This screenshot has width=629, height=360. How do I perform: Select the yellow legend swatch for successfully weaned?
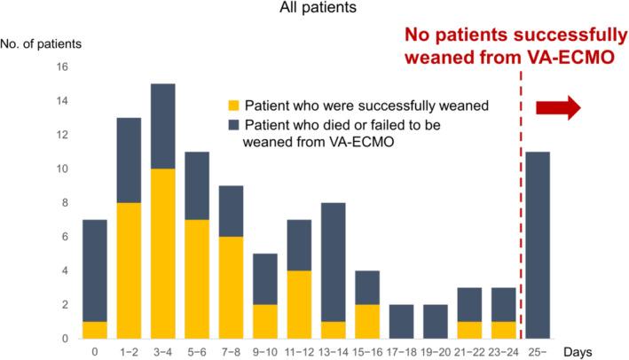235,106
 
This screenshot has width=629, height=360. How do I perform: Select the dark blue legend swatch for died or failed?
235,124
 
